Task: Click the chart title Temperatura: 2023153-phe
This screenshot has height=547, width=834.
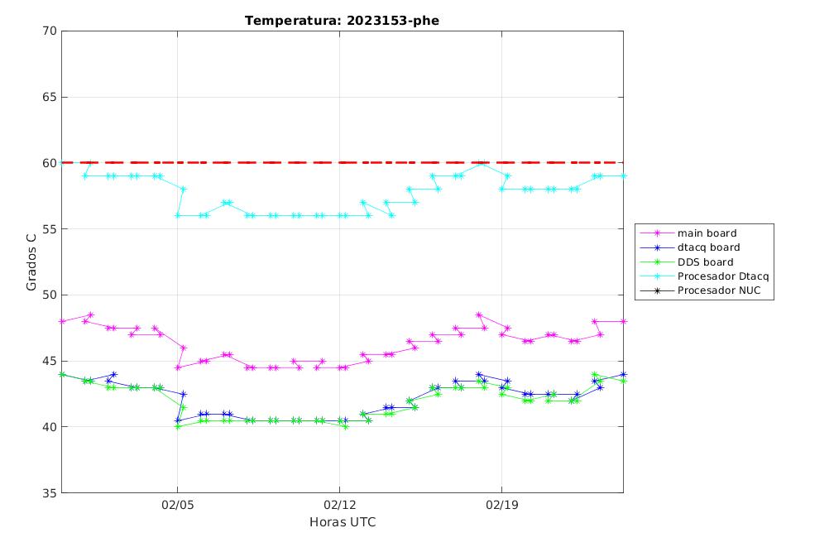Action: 342,21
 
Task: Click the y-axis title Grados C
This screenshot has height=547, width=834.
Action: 31,262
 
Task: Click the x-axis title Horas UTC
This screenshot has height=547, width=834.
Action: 343,522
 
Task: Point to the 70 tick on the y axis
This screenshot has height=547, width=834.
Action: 50,31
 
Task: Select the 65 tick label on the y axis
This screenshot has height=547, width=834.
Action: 50,97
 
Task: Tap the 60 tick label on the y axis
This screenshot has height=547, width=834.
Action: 50,163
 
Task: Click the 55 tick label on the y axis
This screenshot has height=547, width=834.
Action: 50,228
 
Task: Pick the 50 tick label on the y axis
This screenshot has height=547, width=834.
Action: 50,295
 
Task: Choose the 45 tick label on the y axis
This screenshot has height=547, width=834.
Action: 50,361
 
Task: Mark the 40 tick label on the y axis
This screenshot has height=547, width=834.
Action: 50,427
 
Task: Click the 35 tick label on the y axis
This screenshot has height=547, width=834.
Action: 50,492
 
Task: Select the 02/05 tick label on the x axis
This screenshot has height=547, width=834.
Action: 178,505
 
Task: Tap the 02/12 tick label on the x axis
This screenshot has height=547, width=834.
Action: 339,505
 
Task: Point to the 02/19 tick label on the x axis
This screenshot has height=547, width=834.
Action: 501,505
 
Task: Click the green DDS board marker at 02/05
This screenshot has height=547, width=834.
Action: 178,427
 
